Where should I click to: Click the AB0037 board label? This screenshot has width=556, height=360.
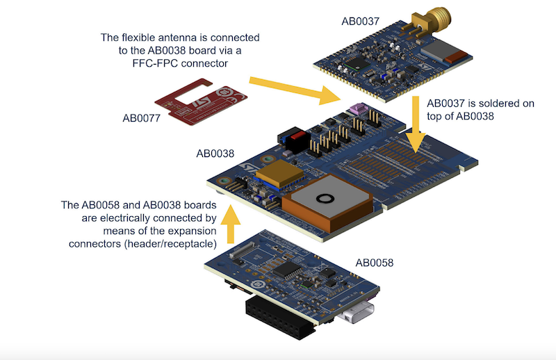click(x=360, y=22)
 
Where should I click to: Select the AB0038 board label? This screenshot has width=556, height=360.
click(x=214, y=153)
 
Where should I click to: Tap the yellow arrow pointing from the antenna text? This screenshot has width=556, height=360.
click(x=285, y=85)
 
